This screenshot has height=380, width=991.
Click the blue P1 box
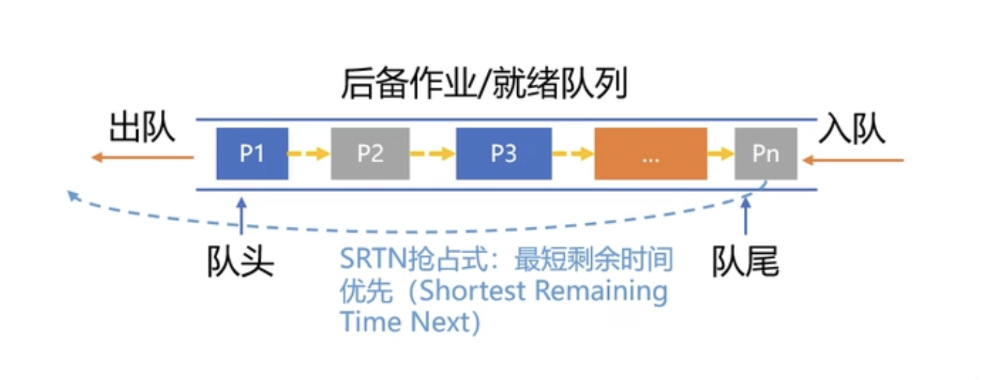coord(251,154)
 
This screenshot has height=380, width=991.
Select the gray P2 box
coord(370,154)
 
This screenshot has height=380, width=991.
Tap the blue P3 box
coord(504,154)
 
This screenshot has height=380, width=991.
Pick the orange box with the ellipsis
coord(650,154)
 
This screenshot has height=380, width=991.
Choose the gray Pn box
coord(766,154)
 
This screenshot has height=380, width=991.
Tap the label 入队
coord(852,128)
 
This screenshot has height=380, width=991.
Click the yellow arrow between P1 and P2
coord(309,154)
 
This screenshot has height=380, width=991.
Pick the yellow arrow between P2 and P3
coord(432,154)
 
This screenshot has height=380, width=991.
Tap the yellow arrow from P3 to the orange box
coord(572,154)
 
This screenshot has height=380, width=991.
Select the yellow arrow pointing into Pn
coord(720,154)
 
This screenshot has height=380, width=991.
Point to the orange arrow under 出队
coord(143,158)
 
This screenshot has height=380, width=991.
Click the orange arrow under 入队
coord(853,161)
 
